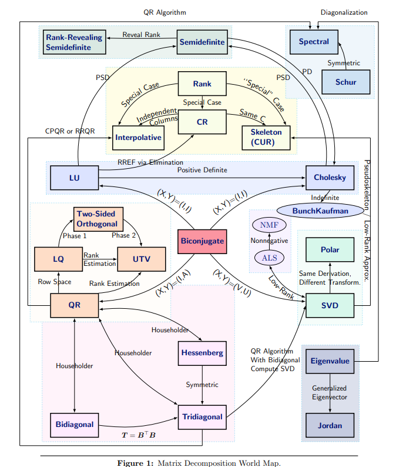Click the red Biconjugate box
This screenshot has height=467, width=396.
point(202,241)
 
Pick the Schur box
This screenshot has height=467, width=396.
point(346,82)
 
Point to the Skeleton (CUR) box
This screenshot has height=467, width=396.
point(266,137)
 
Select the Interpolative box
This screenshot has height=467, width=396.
point(139,138)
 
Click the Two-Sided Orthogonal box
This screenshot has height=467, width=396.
point(98,218)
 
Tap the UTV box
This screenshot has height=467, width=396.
point(142,259)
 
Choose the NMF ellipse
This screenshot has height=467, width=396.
point(269,225)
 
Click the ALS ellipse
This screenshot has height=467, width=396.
point(269,258)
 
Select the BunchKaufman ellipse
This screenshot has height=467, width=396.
point(312,211)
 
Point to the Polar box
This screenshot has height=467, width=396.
point(330,249)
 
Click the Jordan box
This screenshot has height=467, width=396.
point(330,425)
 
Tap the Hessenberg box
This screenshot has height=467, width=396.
point(202,353)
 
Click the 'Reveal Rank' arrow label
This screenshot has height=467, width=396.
point(141,35)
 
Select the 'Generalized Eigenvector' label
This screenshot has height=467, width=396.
point(330,392)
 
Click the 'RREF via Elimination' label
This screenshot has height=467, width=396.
point(150,162)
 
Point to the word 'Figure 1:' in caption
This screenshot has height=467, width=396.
point(136,462)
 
